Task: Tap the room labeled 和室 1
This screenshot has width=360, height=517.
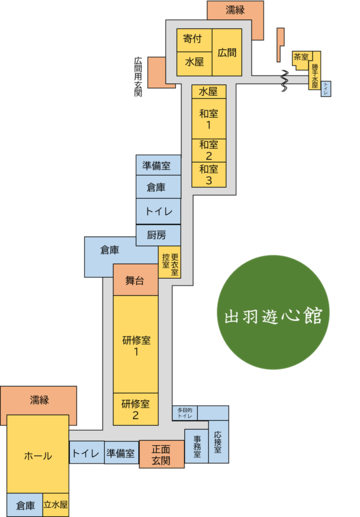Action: coord(208,119)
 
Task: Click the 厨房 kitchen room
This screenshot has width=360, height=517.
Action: coord(155,235)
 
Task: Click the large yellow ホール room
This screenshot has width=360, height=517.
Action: coord(38,456)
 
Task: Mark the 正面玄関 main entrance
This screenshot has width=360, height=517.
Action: coord(161,455)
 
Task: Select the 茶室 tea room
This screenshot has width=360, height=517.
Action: coord(300,58)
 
